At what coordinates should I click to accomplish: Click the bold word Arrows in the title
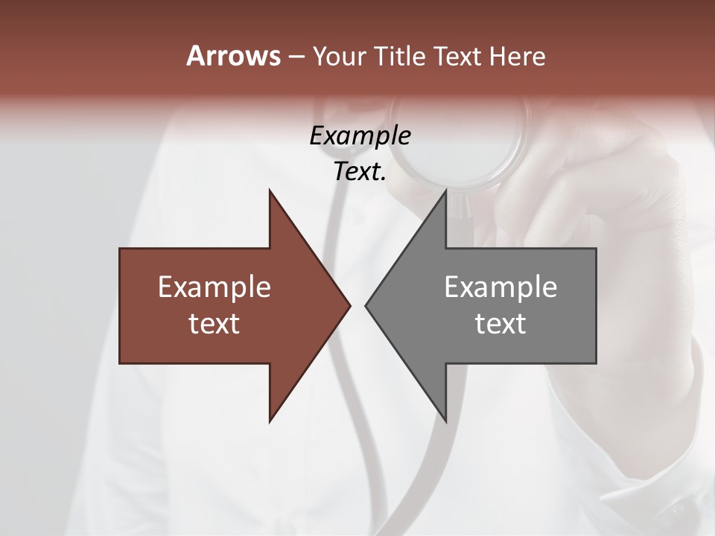pyautogui.click(x=233, y=56)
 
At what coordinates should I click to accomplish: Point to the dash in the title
pyautogui.click(x=296, y=57)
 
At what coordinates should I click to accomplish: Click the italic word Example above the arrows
pyautogui.click(x=360, y=136)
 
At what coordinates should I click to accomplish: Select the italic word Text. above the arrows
pyautogui.click(x=360, y=172)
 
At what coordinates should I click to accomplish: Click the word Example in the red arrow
pyautogui.click(x=214, y=287)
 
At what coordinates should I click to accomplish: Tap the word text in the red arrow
pyautogui.click(x=214, y=323)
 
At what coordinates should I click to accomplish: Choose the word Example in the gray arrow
pyautogui.click(x=500, y=287)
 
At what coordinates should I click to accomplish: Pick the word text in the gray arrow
pyautogui.click(x=500, y=323)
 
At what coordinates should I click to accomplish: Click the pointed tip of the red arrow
pyautogui.click(x=350, y=305)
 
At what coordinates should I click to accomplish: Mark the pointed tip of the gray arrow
pyautogui.click(x=366, y=305)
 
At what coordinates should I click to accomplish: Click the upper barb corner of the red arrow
pyautogui.click(x=270, y=191)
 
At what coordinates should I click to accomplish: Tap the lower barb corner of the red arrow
pyautogui.click(x=270, y=421)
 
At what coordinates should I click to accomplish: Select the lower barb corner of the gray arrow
pyautogui.click(x=445, y=421)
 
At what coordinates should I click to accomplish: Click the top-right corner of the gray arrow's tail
pyautogui.click(x=596, y=249)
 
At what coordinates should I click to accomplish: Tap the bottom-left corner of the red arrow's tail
pyautogui.click(x=120, y=363)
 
